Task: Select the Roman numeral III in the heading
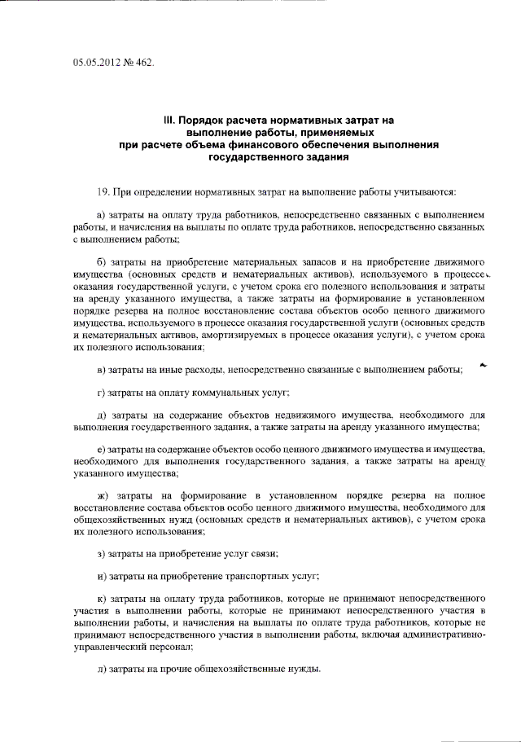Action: click(169, 120)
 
